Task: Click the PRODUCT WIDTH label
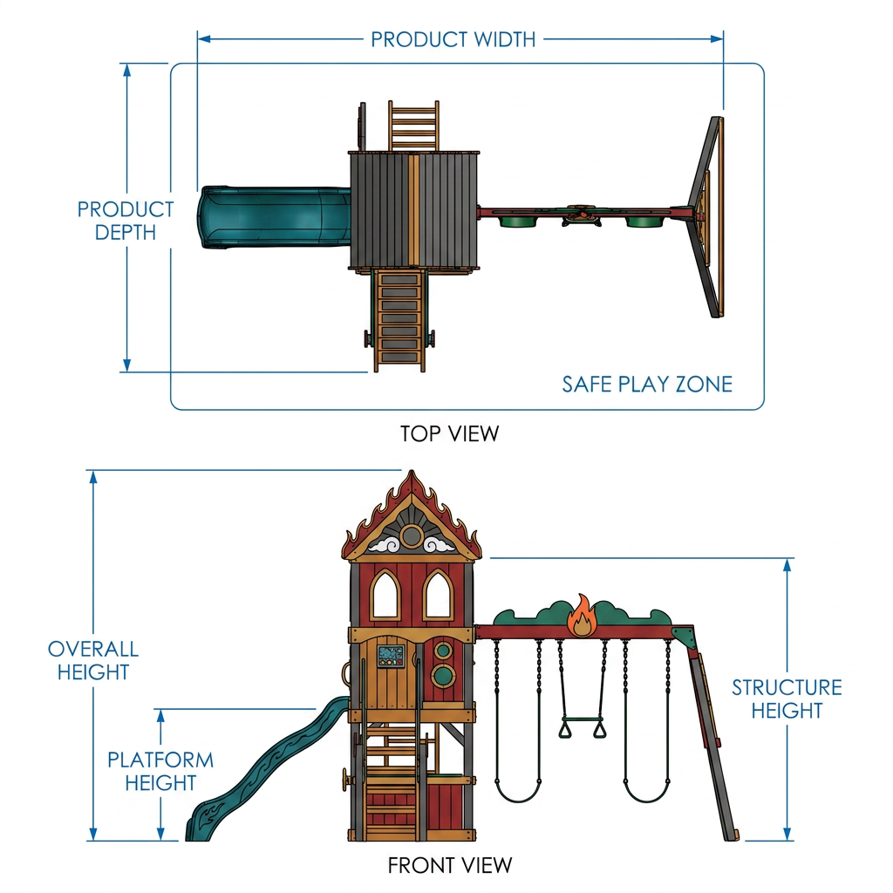pos(453,39)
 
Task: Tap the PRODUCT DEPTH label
pos(126,221)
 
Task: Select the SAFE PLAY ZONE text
pos(647,385)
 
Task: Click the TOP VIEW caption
pos(449,434)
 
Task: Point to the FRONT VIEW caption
pos(450,865)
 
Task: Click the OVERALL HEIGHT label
pos(93,660)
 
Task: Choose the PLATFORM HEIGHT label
pos(160,771)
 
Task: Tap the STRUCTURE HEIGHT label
pos(787,699)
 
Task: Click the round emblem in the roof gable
pos(412,536)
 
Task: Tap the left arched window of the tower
pos(385,595)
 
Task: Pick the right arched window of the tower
pos(438,595)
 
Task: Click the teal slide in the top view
pos(274,217)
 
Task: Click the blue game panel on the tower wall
pos(391,657)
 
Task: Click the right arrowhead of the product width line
pos(717,38)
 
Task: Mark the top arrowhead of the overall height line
pos(93,477)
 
